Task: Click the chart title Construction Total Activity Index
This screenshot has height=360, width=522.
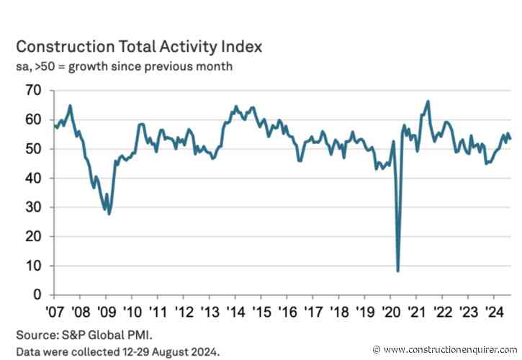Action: (139, 48)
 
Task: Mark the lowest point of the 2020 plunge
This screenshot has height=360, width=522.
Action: (397, 271)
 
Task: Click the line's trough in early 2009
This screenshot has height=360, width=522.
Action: (109, 214)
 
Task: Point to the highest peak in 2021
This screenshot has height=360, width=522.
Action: (428, 102)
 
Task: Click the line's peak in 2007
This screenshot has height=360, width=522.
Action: (70, 106)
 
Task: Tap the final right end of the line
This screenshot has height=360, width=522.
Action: (510, 140)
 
